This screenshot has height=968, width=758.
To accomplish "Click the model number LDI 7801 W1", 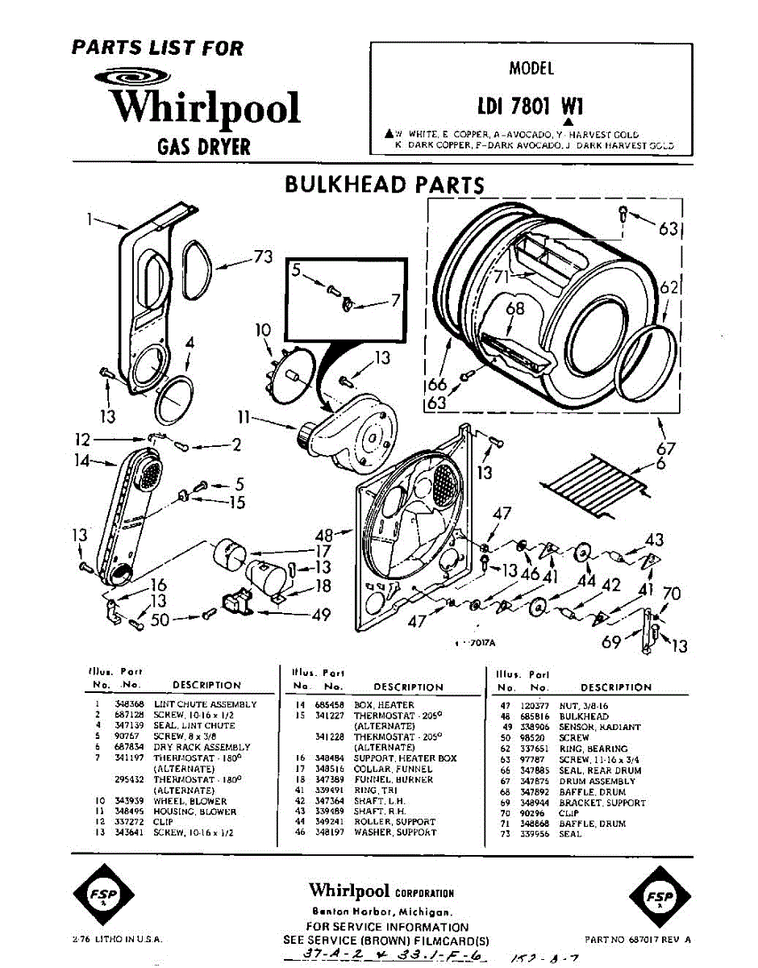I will pos(531,107).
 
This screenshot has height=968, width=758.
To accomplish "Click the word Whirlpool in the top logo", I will pos(205,108).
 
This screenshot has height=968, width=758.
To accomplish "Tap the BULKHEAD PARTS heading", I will pos(384,185).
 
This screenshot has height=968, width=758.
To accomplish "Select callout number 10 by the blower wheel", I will pos(262,329).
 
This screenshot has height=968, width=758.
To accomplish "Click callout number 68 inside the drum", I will pos(515,308).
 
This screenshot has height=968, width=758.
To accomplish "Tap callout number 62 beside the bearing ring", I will pos(668,287).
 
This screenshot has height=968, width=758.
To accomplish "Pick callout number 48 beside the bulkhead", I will pos(323,534).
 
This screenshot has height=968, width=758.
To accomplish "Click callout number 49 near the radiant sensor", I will pos(321,615).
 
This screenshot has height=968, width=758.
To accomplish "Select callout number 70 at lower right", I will pos(671,595).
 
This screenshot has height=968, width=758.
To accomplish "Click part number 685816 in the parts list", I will pos(539,716).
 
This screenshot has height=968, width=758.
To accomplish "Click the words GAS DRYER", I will pos(203,148).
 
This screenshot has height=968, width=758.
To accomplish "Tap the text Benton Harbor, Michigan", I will pos(381,911).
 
